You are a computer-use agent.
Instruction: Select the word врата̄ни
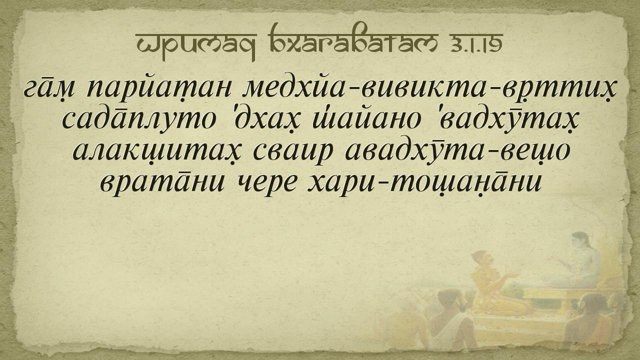coord(162,181)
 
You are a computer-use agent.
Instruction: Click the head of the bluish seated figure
coord(580,241)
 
